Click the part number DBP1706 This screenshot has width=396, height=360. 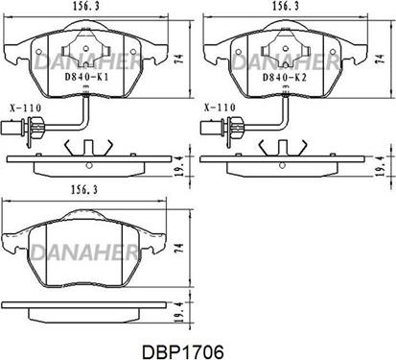coord(182,352)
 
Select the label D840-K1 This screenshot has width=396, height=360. coord(86,77)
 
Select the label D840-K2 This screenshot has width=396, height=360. coord(285,77)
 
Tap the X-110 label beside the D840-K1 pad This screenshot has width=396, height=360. coord(26,108)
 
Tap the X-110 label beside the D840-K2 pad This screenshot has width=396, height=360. coord(220,108)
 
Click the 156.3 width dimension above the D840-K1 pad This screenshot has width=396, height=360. coord(85,6)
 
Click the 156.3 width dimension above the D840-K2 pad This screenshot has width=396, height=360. coord(286,6)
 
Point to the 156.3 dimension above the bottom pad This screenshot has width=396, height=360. coord(84,190)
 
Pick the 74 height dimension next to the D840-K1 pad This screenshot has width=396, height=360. coord(180,60)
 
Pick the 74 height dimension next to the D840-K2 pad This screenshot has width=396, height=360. coord(380,59)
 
